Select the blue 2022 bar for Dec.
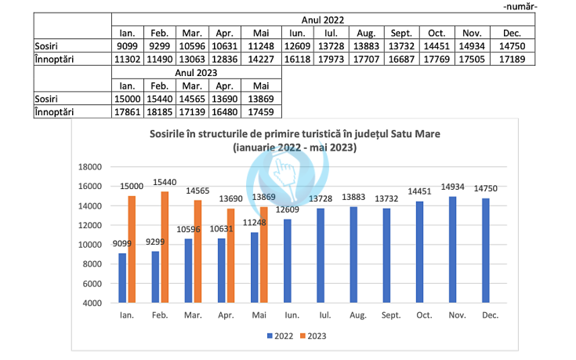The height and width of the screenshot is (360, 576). (487, 250)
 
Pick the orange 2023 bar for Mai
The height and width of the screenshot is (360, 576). (263, 255)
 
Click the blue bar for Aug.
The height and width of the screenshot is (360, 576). (354, 255)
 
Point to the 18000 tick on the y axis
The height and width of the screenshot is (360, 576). (92, 167)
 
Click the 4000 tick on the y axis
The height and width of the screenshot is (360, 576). (94, 303)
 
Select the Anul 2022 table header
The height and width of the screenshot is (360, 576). (323, 19)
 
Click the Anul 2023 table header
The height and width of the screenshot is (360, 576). (196, 72)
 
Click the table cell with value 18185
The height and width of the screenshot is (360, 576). (159, 113)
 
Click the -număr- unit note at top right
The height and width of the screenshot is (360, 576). (542, 6)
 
